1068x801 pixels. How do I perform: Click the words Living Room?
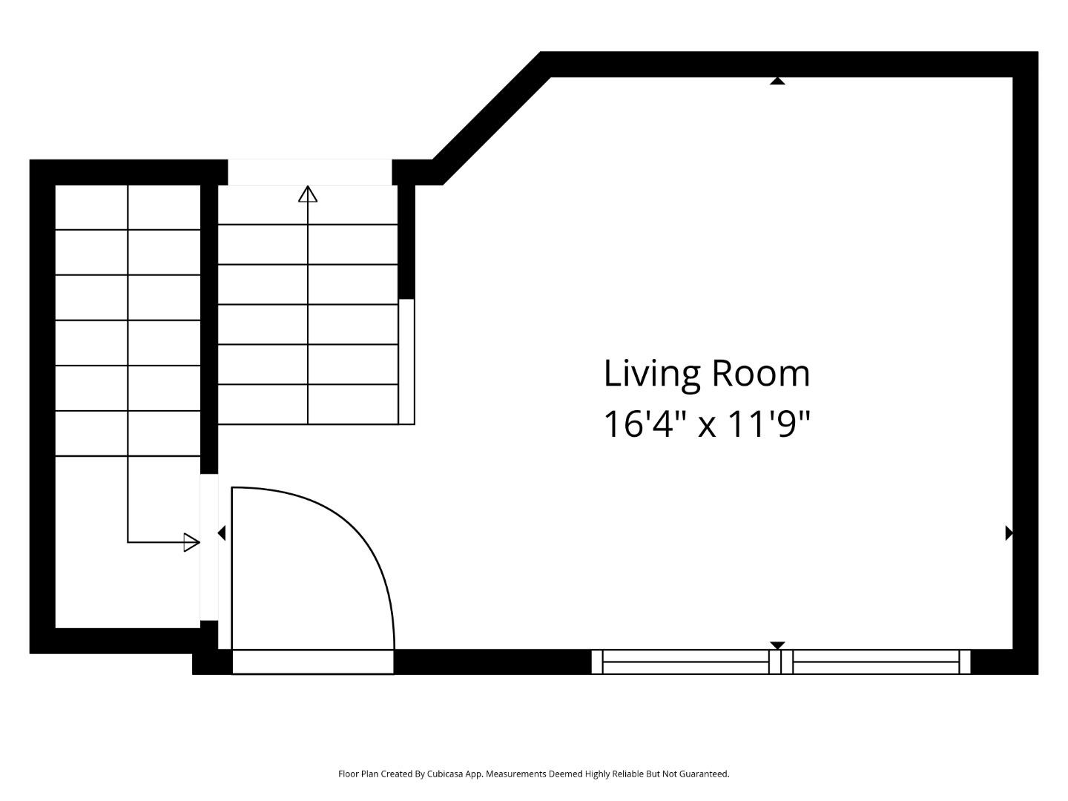pos(706,373)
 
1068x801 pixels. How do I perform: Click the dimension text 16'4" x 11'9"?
pos(706,425)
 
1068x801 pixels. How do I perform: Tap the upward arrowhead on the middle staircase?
pos(308,194)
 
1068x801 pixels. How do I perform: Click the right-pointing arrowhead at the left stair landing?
pos(191,542)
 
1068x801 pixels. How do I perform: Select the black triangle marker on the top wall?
pos(777,81)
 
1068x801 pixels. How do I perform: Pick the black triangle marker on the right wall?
pos(1009,533)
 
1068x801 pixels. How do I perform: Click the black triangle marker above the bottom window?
pos(777,645)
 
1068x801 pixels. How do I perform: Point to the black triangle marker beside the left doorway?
pos(221,533)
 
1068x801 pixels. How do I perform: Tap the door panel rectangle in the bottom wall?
pos(312,662)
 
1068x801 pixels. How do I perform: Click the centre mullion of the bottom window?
pos(780,662)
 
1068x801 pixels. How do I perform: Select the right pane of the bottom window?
pos(876,662)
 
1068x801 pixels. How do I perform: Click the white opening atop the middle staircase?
pos(309,172)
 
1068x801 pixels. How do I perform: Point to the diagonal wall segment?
pos(490,119)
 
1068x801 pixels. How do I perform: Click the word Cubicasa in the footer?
pos(445,774)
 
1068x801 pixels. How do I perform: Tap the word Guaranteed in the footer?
pos(705,774)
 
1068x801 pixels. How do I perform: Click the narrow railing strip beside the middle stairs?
pos(406,361)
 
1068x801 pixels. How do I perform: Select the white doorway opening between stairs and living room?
pos(209,547)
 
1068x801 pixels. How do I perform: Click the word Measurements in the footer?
pos(515,774)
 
